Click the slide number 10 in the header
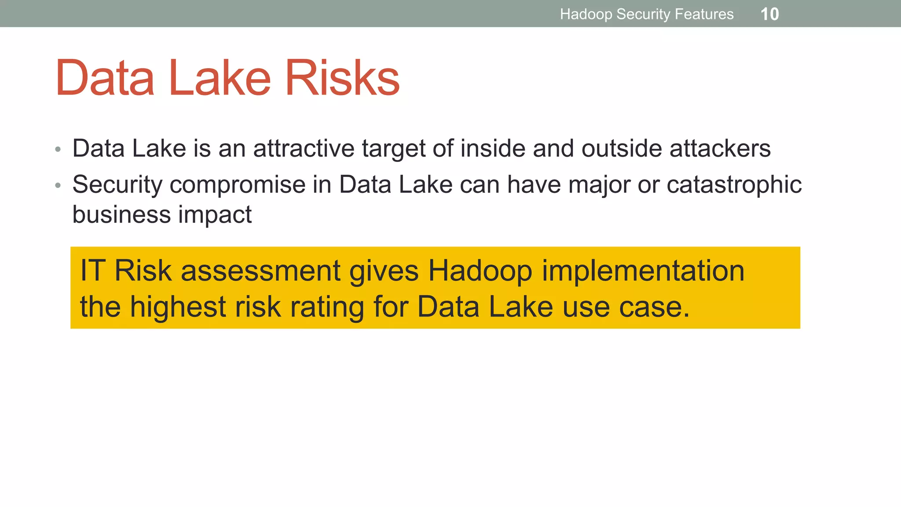point(769,14)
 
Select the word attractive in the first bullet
point(304,148)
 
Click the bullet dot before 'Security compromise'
point(58,186)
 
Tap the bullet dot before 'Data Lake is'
point(58,150)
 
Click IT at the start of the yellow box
point(92,271)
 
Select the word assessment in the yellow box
point(260,271)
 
